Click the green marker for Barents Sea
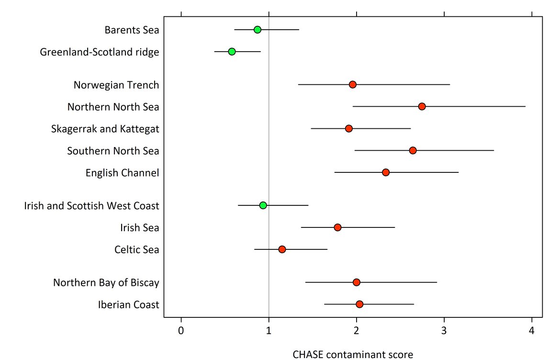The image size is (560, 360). (258, 30)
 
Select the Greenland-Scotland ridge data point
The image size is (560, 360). (232, 52)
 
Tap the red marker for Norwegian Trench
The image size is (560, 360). (353, 84)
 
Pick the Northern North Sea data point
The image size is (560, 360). (422, 106)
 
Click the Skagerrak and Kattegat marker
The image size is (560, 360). (349, 128)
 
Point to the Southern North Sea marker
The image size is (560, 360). (413, 150)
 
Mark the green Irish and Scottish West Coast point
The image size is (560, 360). (263, 205)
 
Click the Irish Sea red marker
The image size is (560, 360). (337, 227)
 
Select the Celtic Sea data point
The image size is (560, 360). (282, 249)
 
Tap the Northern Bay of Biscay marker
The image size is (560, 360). (356, 282)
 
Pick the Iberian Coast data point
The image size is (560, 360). (359, 304)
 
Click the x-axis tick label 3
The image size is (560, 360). (444, 330)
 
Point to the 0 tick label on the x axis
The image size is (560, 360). (181, 330)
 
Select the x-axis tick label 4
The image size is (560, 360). (532, 330)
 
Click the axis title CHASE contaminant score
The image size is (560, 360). (353, 354)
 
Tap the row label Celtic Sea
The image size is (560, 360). (137, 249)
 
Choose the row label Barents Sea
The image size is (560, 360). (132, 30)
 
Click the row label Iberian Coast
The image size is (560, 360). (128, 304)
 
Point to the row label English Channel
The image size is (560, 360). (122, 173)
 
